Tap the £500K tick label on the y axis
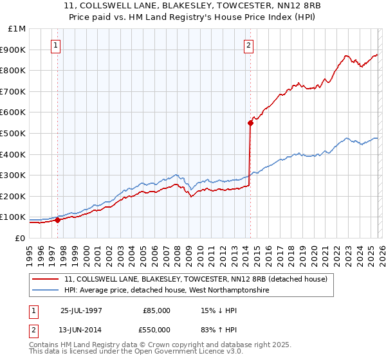click(14, 133)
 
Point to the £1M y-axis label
click(16, 28)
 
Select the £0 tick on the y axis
click(20, 238)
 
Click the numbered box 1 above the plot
click(57, 45)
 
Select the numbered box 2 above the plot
click(248, 45)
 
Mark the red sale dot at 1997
click(57, 220)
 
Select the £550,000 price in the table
click(156, 329)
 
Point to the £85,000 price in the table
click(156, 310)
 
